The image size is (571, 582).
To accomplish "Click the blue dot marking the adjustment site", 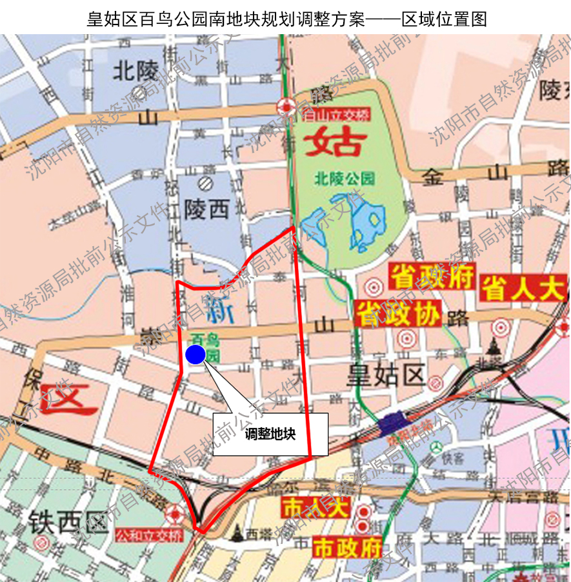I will pos(195,354).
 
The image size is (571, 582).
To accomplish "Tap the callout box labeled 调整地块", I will pos(270,434).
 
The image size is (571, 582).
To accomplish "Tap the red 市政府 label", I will pos(347,548).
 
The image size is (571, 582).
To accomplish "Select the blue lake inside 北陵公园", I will pos(366,226).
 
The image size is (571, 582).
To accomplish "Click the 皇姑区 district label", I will pos(386,375).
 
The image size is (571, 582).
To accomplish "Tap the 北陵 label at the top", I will pos(135,70).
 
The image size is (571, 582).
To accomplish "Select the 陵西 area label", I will pos(206,208).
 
